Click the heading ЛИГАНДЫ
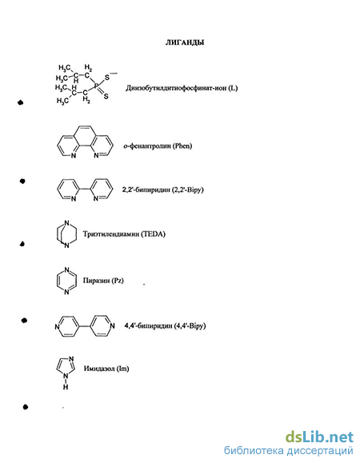pyautogui.click(x=185, y=42)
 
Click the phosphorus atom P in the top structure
pyautogui.click(x=96, y=86)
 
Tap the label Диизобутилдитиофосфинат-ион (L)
pyautogui.click(x=182, y=88)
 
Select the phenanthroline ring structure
pyautogui.click(x=85, y=142)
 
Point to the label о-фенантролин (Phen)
pyautogui.click(x=158, y=146)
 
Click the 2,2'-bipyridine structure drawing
pyautogui.click(x=85, y=190)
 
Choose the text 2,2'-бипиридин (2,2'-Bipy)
pyautogui.click(x=163, y=190)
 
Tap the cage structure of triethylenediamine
pyautogui.click(x=66, y=234)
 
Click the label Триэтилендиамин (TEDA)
pyautogui.click(x=124, y=234)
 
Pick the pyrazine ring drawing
pyautogui.click(x=66, y=281)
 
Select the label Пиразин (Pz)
pyautogui.click(x=103, y=280)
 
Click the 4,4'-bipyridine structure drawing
pyautogui.click(x=85, y=326)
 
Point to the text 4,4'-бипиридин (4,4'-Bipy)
pyautogui.click(x=165, y=325)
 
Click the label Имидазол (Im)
pyautogui.click(x=106, y=369)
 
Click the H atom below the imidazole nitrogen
pyautogui.click(x=66, y=386)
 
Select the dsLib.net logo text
pyautogui.click(x=319, y=437)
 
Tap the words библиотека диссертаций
pyautogui.click(x=289, y=450)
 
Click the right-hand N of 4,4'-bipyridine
pyautogui.click(x=112, y=326)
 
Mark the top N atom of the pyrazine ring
pyautogui.click(x=66, y=270)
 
